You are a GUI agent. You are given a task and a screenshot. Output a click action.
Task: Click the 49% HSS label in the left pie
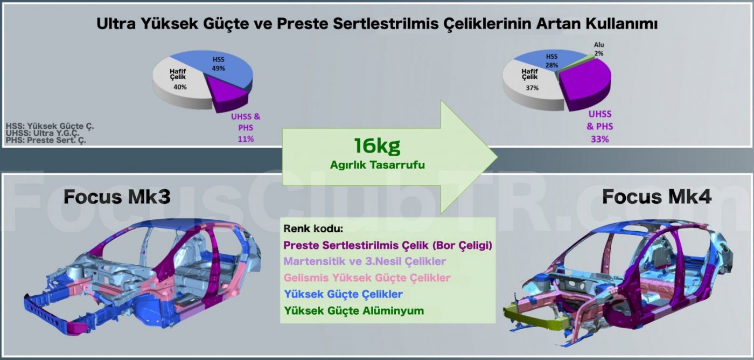pyautogui.click(x=219, y=64)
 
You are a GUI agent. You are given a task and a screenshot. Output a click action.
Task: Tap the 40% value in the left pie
pyautogui.click(x=180, y=87)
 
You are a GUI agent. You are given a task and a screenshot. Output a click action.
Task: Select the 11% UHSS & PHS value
pyautogui.click(x=246, y=139)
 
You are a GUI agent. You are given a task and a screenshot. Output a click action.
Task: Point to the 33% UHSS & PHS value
pyautogui.click(x=600, y=139)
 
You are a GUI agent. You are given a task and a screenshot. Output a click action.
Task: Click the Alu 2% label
pyautogui.click(x=599, y=49)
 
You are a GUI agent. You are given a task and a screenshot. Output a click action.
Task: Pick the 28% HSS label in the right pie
pyautogui.click(x=551, y=60)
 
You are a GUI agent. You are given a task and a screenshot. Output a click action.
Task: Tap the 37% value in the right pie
pyautogui.click(x=532, y=88)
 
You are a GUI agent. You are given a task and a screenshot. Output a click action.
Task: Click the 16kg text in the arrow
pyautogui.click(x=377, y=146)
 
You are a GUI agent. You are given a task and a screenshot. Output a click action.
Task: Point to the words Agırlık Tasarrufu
pyautogui.click(x=378, y=165)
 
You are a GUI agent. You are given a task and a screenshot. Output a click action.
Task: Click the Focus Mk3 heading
pyautogui.click(x=117, y=197)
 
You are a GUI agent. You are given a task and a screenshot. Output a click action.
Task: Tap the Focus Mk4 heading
pyautogui.click(x=657, y=197)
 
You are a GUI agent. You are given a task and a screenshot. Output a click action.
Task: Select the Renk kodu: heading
pyautogui.click(x=313, y=229)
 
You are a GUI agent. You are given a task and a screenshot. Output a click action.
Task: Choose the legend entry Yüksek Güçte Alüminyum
pyautogui.click(x=354, y=310)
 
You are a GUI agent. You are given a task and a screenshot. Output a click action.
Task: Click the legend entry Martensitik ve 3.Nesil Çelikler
pyautogui.click(x=365, y=261)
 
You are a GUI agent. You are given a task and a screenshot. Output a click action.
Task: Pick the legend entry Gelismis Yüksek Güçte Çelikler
pyautogui.click(x=367, y=278)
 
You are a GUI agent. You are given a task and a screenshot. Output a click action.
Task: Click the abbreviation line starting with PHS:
pyautogui.click(x=46, y=140)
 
